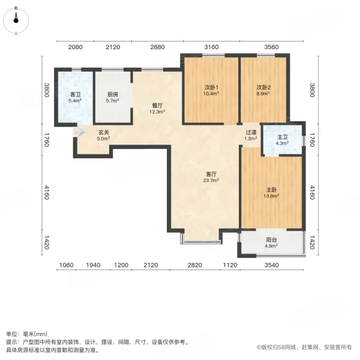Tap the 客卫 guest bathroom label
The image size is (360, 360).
pyautogui.click(x=75, y=95)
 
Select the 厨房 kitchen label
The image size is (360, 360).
pyautogui.click(x=112, y=95)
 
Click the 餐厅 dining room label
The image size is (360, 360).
pyautogui.click(x=157, y=106)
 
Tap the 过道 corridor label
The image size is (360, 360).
pyautogui.click(x=251, y=133)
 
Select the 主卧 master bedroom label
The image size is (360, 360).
pyautogui.click(x=271, y=190)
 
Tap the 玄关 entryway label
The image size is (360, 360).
pyautogui.click(x=104, y=133)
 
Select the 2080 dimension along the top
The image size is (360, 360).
pyautogui.click(x=75, y=47)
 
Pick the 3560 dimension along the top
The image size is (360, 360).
pyautogui.click(x=271, y=47)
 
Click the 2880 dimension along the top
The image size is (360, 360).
pyautogui.click(x=157, y=47)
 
